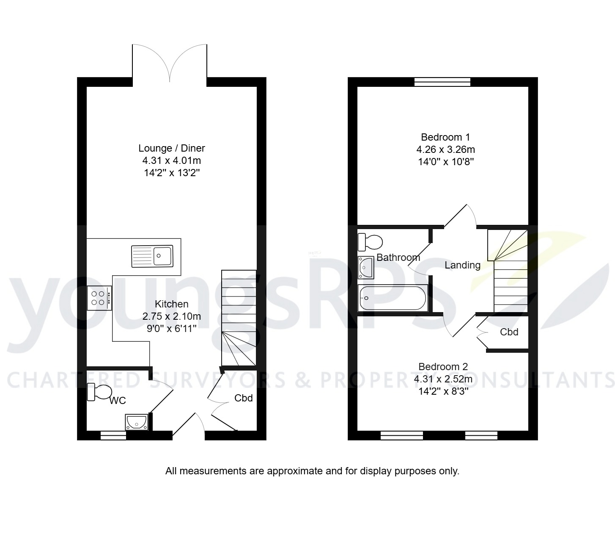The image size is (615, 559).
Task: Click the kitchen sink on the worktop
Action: (152, 256)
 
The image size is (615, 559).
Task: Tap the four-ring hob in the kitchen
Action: (99, 298)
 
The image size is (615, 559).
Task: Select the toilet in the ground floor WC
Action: (99, 392)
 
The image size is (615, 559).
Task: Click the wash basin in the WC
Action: (136, 422)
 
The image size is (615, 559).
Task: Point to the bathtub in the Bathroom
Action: (393, 298)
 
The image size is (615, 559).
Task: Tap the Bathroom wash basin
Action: (366, 268)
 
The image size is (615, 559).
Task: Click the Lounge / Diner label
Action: (172, 148)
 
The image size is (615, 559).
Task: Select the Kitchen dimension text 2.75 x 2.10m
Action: (172, 316)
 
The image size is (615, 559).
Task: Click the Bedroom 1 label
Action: (445, 137)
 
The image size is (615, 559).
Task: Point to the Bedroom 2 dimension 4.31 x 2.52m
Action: (443, 379)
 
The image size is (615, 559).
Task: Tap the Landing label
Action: (462, 265)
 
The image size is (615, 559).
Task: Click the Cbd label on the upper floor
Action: (509, 332)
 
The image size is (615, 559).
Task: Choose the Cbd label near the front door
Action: (244, 398)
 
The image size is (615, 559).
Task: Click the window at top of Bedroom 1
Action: (442, 82)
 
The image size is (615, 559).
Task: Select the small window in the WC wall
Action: (113, 435)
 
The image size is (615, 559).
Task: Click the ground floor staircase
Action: (239, 318)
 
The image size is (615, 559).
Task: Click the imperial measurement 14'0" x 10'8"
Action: (445, 162)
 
